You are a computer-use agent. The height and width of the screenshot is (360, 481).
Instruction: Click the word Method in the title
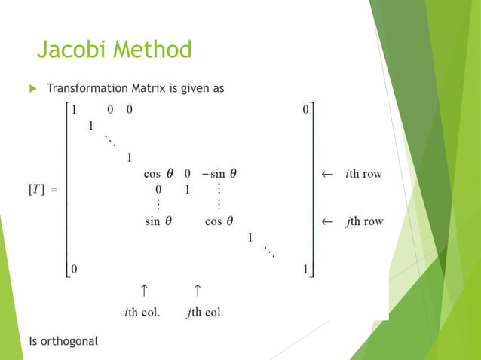(154, 51)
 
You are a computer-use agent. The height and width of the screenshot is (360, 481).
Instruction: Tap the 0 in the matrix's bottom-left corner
(74, 268)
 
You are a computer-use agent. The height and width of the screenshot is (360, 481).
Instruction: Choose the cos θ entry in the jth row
(219, 221)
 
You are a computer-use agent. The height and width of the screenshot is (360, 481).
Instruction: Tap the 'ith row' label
(363, 173)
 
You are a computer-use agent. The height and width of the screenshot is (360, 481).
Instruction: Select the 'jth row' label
(363, 221)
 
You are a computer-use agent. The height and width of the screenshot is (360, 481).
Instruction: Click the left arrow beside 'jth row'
(327, 221)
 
